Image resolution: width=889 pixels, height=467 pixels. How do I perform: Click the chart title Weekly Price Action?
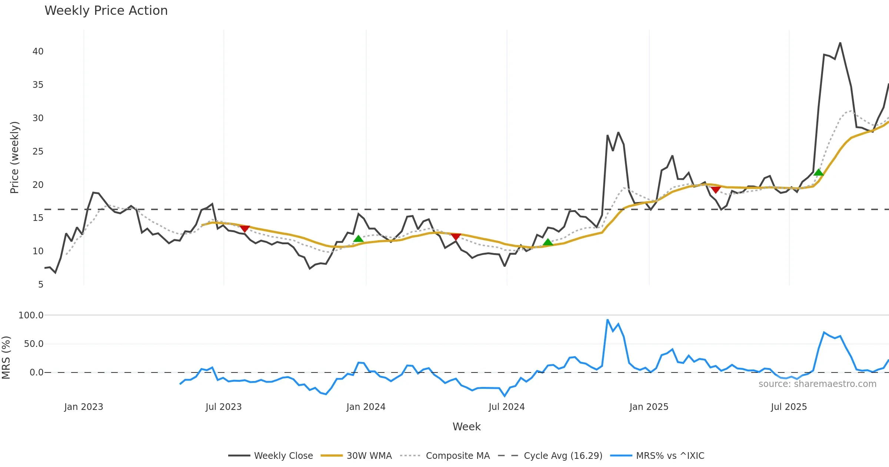106,11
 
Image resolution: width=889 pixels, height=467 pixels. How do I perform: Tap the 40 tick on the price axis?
38,52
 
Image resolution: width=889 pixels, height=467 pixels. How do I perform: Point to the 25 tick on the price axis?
38,152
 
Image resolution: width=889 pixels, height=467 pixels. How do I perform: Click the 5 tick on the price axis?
40,285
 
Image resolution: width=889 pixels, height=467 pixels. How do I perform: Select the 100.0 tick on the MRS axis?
31,315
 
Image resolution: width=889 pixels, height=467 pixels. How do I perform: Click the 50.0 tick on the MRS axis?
33,344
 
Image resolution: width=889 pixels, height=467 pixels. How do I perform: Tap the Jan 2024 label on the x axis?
366,407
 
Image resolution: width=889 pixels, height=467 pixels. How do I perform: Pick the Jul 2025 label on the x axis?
789,407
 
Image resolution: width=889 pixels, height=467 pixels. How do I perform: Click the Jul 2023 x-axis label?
223,407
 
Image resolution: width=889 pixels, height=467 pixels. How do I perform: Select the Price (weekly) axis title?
14,158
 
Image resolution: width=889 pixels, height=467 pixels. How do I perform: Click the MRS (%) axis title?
6,358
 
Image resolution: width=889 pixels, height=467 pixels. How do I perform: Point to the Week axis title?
466,427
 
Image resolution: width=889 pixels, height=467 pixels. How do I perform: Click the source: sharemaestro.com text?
817,384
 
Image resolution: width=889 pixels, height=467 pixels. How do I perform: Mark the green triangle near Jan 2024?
358,239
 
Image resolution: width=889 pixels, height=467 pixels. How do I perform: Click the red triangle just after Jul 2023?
244,229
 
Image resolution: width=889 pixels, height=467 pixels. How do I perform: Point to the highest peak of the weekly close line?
840,43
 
